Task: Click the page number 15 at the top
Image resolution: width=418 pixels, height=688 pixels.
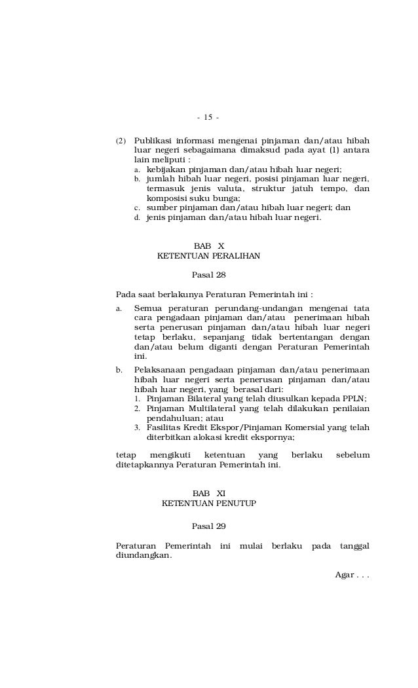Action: [x=208, y=118]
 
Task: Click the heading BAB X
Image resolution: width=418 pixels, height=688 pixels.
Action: [x=209, y=245]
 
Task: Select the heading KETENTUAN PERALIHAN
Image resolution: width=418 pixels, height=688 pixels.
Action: [x=209, y=256]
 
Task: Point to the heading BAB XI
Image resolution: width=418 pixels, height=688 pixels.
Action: [x=209, y=493]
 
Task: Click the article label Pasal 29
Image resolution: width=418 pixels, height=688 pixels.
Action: [x=208, y=526]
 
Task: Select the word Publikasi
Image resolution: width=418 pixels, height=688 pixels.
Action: [x=154, y=141]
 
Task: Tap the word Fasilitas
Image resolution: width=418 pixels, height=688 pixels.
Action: [x=164, y=428]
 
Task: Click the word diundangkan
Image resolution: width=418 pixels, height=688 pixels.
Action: [x=143, y=555]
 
